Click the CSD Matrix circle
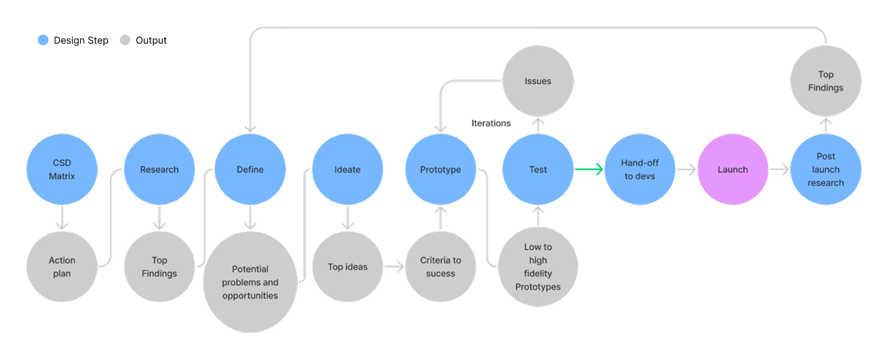point(62,169)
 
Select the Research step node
point(159,169)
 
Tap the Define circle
point(250,169)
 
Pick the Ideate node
point(348,169)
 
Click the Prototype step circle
point(441,169)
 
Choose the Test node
point(538,169)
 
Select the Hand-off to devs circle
point(640,169)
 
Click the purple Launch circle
point(733,169)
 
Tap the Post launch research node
point(826,169)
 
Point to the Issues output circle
point(538,81)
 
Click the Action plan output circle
point(62,267)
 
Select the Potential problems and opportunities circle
point(250,282)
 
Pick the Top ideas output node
point(348,267)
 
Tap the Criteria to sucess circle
point(441,267)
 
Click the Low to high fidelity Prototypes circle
point(538,267)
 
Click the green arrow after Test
point(589,169)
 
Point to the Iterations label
point(491,124)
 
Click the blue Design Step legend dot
point(43,40)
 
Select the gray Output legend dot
point(125,40)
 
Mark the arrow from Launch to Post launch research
point(779,169)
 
